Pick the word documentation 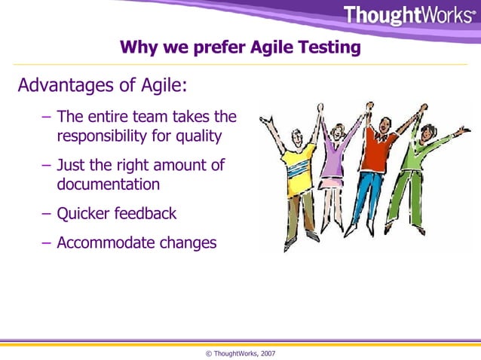coord(108,184)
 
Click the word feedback coord(146,214)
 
